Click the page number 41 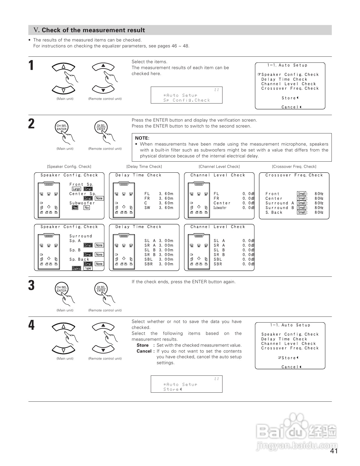click(x=334, y=451)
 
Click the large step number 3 click(x=32, y=285)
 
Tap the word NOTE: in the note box click(x=142, y=138)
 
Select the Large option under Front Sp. click(x=76, y=189)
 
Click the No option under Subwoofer click(x=87, y=208)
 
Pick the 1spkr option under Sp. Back click(x=88, y=268)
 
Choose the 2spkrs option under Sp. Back click(x=76, y=268)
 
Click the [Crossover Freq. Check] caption click(x=294, y=166)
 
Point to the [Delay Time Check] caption click(x=144, y=166)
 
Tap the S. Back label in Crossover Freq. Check click(x=274, y=212)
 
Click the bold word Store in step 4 click(x=143, y=345)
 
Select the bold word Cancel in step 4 click(x=144, y=351)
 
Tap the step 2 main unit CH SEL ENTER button click(x=62, y=128)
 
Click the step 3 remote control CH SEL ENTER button click(x=101, y=289)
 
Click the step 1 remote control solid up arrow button click(x=103, y=66)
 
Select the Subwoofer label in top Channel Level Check click(x=220, y=208)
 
